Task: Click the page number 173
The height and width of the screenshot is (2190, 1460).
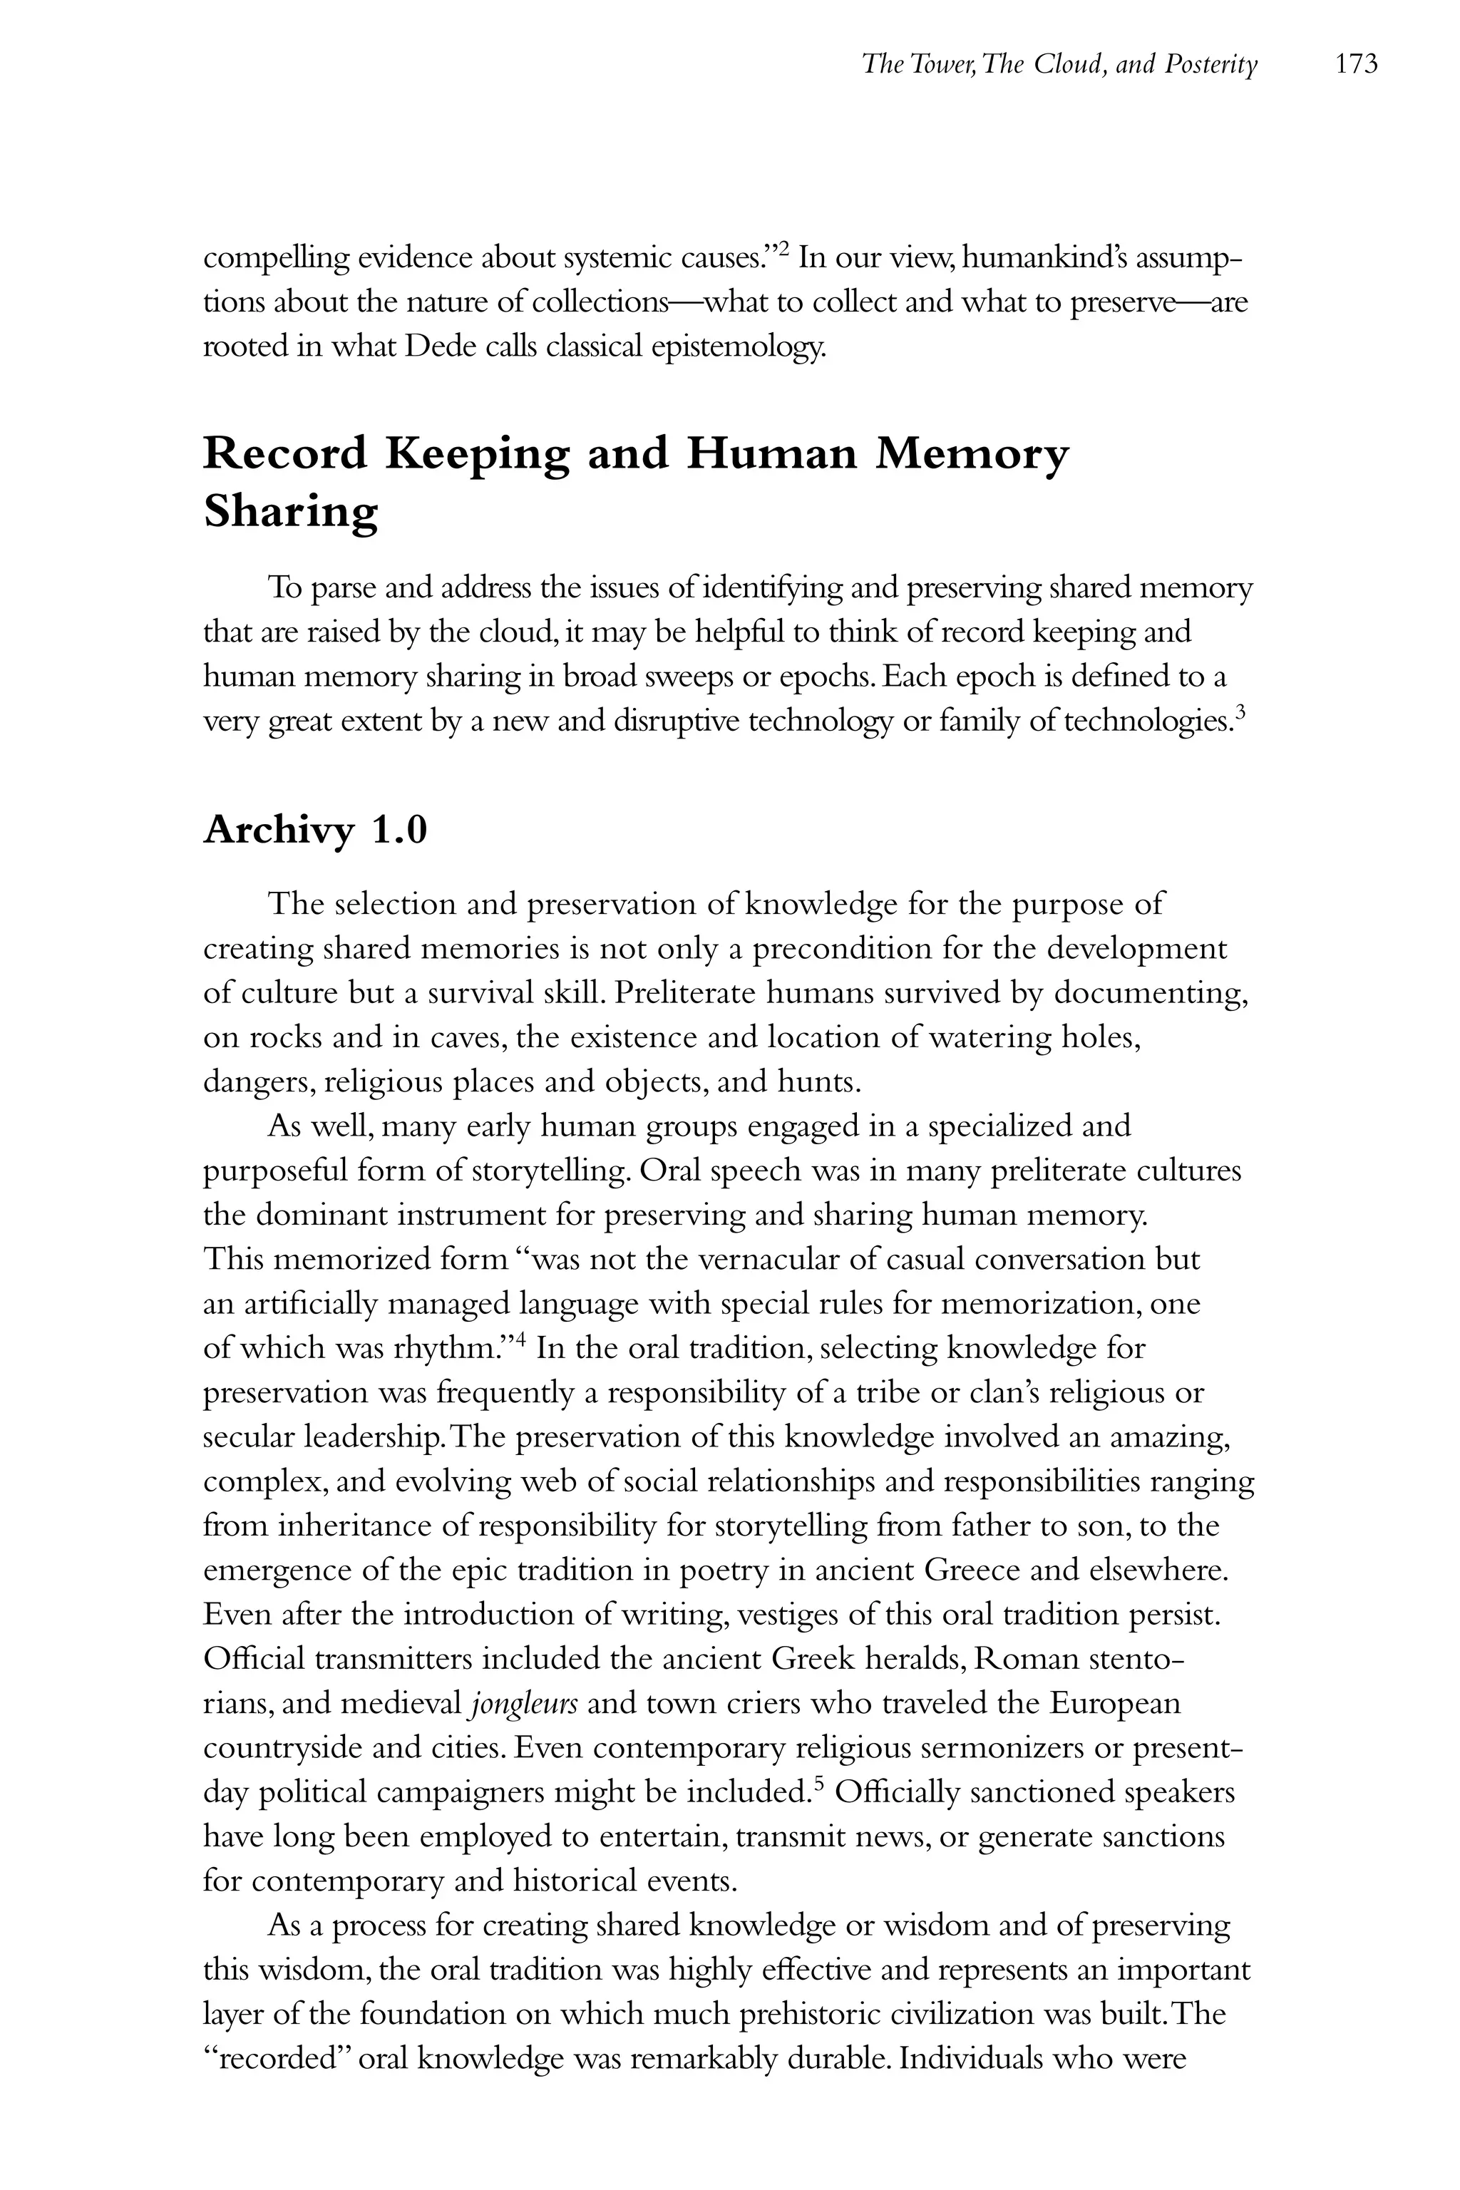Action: tap(1356, 64)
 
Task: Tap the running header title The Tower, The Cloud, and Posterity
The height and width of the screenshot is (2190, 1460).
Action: tap(1059, 64)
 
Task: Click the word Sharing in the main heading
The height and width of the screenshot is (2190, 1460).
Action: tap(291, 511)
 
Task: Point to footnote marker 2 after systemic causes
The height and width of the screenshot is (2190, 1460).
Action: tap(784, 249)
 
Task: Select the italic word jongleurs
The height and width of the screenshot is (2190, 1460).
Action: tap(525, 1704)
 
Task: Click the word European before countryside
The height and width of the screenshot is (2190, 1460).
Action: tap(1114, 1704)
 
